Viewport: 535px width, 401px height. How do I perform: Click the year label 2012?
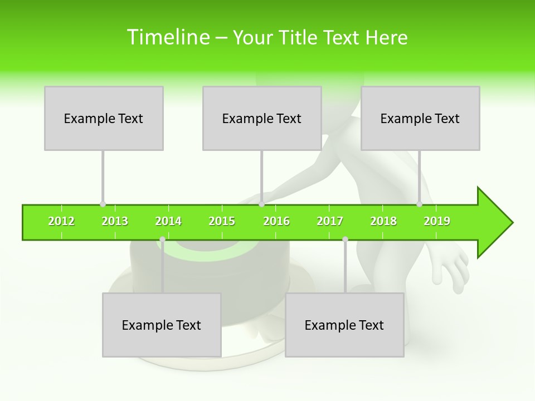[x=61, y=222]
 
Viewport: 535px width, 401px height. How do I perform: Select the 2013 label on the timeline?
[x=115, y=222]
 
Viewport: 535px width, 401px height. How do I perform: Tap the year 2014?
[x=168, y=222]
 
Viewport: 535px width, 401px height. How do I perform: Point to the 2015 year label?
[x=222, y=222]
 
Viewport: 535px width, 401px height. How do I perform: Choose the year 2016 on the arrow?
[x=276, y=222]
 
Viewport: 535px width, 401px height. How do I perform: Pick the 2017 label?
[x=330, y=222]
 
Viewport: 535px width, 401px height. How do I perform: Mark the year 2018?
[x=383, y=222]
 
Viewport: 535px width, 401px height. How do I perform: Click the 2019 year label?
[x=437, y=222]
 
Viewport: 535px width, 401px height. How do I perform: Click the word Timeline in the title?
[x=167, y=37]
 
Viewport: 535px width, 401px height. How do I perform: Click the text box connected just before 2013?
[x=104, y=118]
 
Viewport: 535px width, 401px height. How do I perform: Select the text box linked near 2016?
[x=262, y=118]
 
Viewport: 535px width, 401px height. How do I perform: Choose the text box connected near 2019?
[x=420, y=118]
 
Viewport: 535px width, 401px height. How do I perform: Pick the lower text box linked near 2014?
[x=162, y=325]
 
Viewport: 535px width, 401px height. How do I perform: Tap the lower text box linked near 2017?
[x=344, y=325]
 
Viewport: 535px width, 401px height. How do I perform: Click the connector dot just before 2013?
[x=103, y=204]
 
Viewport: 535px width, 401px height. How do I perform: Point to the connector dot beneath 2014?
[x=162, y=239]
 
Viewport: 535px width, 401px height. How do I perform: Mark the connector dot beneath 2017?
[x=345, y=239]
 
